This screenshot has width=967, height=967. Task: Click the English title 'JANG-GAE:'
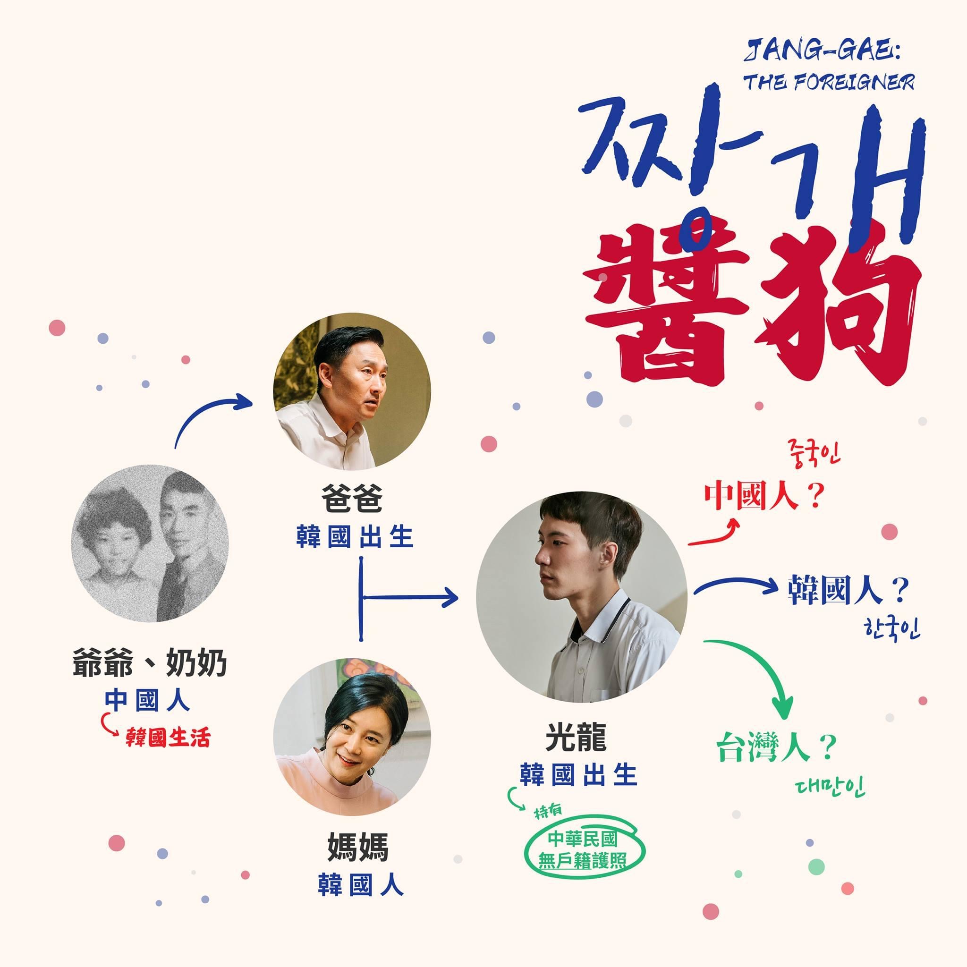point(821,52)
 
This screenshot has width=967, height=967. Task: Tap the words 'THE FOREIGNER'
point(828,82)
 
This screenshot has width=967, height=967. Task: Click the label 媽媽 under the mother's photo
point(358,848)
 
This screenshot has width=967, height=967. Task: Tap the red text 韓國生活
point(168,738)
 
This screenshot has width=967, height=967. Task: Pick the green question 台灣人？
point(776,748)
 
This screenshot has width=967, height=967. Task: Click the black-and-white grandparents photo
point(150,543)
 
